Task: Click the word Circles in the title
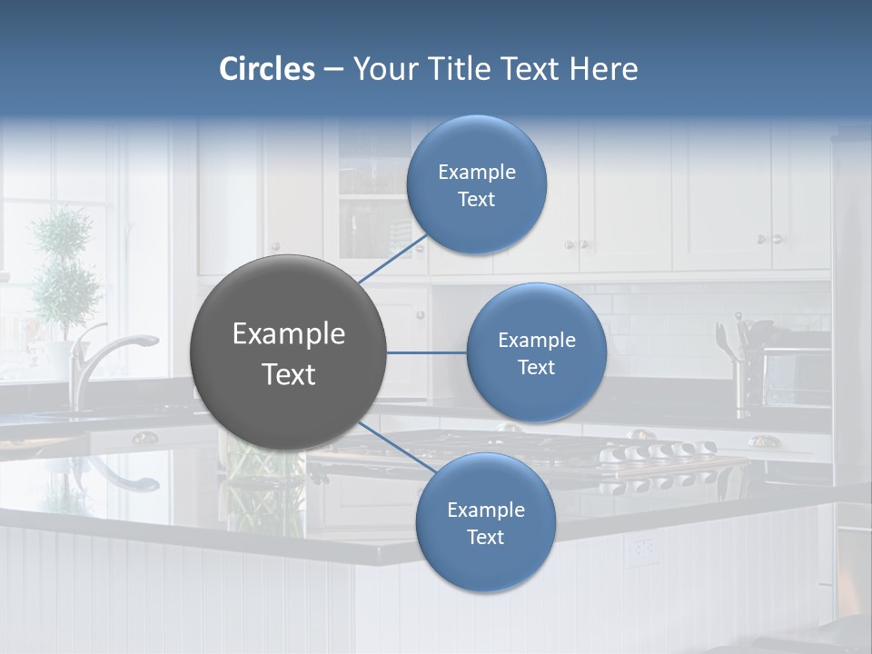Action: point(267,69)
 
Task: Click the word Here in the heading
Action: point(603,69)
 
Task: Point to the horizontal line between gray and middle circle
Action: point(426,352)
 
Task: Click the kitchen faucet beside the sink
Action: point(100,359)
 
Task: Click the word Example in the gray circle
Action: point(288,334)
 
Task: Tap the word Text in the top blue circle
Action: point(476,200)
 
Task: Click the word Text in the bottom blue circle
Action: point(485,538)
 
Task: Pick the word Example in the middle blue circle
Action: point(536,341)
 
